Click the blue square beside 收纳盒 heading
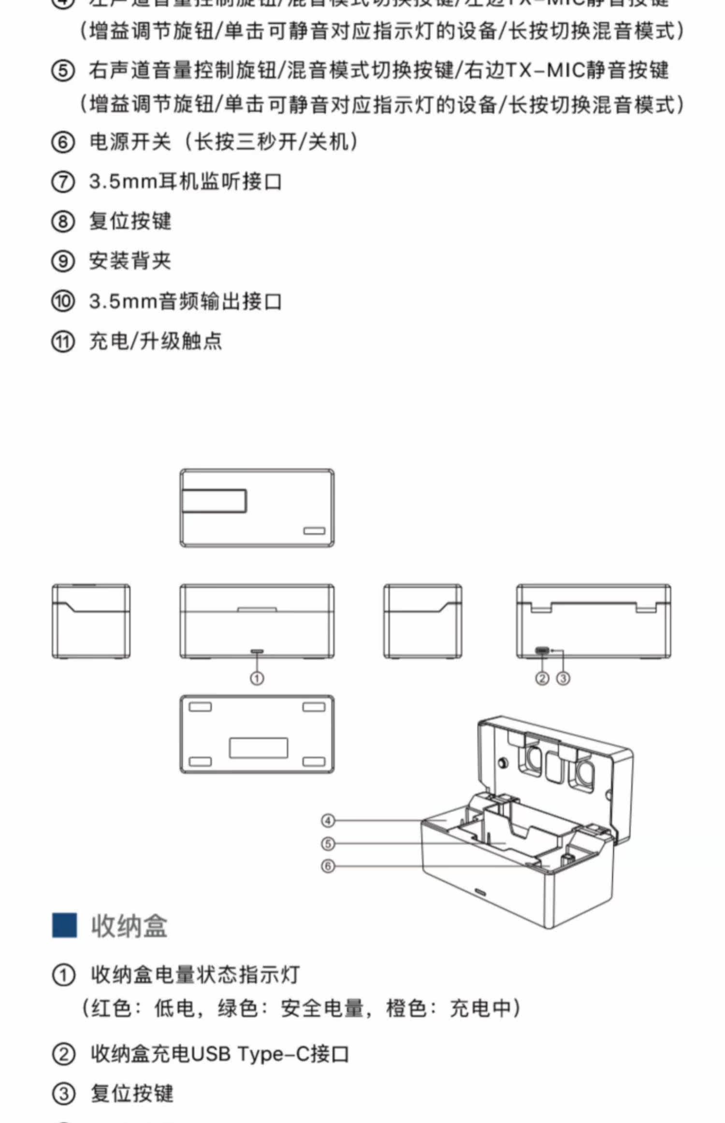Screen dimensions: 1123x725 [64, 925]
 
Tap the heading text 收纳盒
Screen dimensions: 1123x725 [129, 926]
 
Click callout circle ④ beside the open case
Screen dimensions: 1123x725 [328, 821]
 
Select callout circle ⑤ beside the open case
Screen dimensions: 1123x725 [328, 843]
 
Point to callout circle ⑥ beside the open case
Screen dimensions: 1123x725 [328, 866]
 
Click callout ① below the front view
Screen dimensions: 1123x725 [257, 679]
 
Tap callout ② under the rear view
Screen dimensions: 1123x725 [542, 679]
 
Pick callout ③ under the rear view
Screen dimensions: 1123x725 [563, 679]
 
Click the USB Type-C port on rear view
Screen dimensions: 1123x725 [542, 650]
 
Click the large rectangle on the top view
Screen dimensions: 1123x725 [214, 501]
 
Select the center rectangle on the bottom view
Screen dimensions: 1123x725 [259, 748]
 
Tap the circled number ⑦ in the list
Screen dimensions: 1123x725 [63, 182]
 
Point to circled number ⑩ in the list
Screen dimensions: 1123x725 [63, 301]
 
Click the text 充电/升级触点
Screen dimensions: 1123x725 [156, 341]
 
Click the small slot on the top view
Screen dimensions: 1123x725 [314, 531]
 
